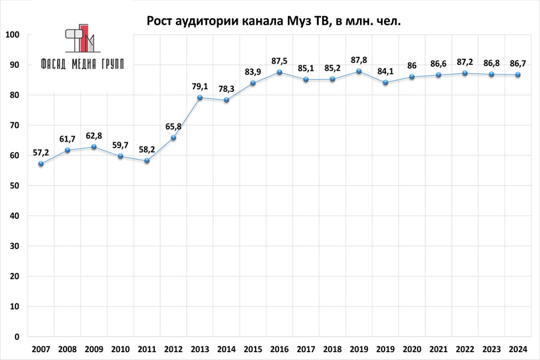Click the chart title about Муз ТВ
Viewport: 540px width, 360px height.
point(274,22)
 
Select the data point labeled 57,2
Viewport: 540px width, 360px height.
point(40,164)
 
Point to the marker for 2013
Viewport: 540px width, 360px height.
point(200,98)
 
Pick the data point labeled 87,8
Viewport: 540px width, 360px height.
point(359,71)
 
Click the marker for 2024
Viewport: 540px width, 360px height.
point(518,75)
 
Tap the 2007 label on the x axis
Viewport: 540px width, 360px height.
point(40,349)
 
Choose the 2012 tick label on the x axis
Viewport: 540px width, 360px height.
point(173,349)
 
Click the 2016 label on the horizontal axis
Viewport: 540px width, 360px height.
point(280,349)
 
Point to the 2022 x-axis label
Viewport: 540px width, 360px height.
point(465,349)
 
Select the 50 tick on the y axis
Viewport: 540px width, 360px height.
point(17,186)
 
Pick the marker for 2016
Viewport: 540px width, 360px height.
point(280,73)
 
